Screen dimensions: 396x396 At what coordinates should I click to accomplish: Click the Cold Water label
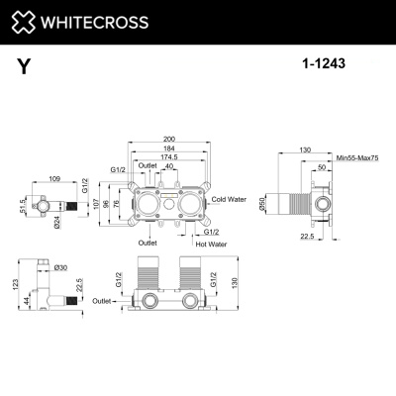pyautogui.click(x=229, y=199)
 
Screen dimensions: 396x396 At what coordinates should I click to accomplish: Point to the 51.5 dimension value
pyautogui.click(x=20, y=205)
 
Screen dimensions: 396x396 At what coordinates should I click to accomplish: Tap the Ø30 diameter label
pyautogui.click(x=60, y=268)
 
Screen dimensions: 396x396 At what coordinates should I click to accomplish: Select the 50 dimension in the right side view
pyautogui.click(x=323, y=167)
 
